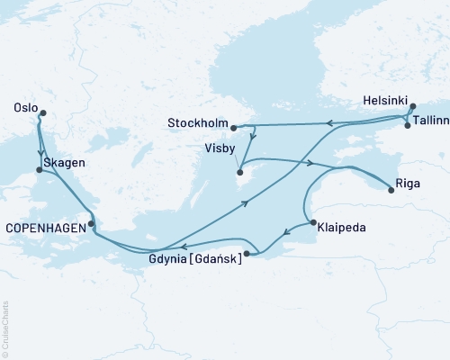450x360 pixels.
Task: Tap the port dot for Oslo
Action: pos(42,112)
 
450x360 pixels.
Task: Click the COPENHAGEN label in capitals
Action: pos(45,229)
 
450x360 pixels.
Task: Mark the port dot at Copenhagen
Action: pos(91,224)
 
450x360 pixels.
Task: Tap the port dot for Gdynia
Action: pos(247,255)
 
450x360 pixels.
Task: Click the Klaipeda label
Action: pos(341,229)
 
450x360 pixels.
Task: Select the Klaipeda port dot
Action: pos(311,222)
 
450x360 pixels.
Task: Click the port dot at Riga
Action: pos(390,190)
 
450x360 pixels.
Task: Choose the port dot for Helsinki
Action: pos(413,106)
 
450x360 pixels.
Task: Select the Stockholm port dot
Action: pos(233,128)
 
